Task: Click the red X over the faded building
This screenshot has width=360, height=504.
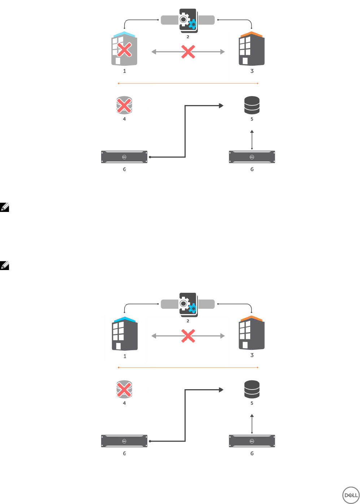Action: click(124, 50)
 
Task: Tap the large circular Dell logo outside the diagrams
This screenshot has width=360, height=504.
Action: click(350, 495)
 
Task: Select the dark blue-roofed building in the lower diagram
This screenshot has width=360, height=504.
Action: click(125, 334)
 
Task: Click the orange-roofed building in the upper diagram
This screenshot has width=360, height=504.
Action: click(252, 49)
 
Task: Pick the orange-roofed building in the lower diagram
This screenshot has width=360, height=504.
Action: click(252, 333)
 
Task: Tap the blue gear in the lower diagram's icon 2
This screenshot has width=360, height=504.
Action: click(193, 308)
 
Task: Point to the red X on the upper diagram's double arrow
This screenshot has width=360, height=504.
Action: click(188, 52)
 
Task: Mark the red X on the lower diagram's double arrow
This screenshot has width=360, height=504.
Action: click(188, 336)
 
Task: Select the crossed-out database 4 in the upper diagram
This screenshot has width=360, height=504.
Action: click(124, 105)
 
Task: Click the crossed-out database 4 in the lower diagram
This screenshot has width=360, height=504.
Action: click(124, 389)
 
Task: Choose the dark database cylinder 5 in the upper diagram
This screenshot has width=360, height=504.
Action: click(252, 105)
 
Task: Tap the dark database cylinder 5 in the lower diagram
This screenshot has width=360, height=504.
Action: click(252, 389)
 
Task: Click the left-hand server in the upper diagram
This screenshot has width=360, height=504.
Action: click(124, 157)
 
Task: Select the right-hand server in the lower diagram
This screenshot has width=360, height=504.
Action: click(252, 441)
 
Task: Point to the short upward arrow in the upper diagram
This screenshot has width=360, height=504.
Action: click(252, 139)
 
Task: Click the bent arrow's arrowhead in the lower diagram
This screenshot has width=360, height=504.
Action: click(221, 390)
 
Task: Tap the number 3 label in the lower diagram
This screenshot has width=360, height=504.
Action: click(252, 355)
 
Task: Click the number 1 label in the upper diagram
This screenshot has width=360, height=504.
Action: click(125, 71)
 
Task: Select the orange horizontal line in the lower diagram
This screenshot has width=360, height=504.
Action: click(188, 368)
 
